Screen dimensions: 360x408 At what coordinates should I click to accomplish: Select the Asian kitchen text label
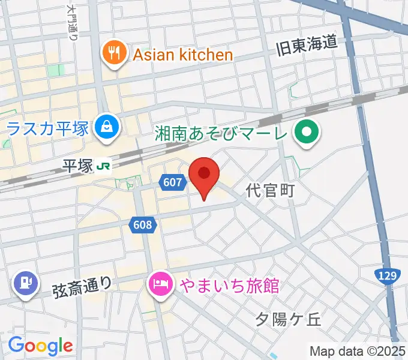(182, 55)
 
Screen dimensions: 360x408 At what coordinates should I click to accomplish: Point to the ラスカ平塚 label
(48, 127)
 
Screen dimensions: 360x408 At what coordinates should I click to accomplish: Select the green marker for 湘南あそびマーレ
(307, 131)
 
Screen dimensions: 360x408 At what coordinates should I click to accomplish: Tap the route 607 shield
(173, 182)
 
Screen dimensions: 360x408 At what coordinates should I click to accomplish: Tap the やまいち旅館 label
(227, 285)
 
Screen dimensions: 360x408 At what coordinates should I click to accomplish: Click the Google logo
(40, 346)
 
